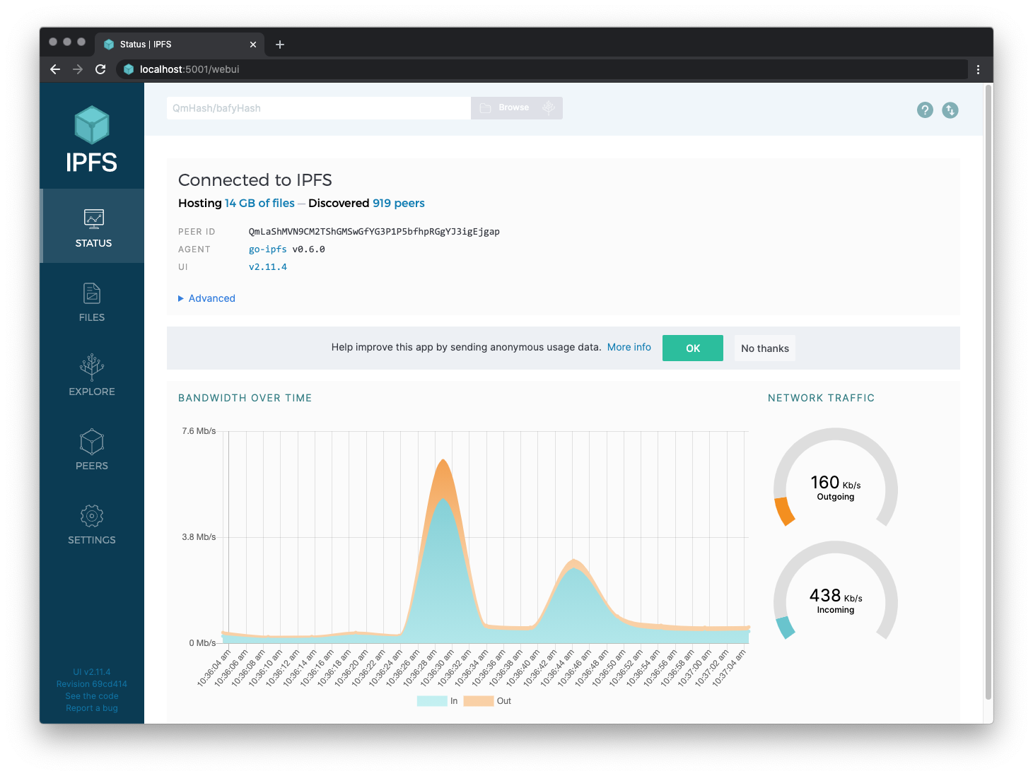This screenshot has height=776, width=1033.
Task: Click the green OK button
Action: pyautogui.click(x=692, y=348)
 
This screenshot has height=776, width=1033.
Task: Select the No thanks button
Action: pyautogui.click(x=764, y=348)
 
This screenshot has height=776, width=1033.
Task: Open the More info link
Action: pyautogui.click(x=629, y=347)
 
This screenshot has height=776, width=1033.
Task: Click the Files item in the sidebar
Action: pyautogui.click(x=92, y=302)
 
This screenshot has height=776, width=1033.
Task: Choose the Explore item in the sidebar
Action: pyautogui.click(x=92, y=375)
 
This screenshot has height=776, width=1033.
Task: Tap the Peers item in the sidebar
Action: pyautogui.click(x=92, y=449)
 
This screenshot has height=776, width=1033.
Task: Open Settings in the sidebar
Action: pyautogui.click(x=92, y=524)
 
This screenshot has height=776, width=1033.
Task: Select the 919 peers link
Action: pyautogui.click(x=398, y=203)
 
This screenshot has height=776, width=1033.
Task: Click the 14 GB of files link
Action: pyautogui.click(x=259, y=203)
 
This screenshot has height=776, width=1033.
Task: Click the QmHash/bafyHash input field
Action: pyautogui.click(x=318, y=108)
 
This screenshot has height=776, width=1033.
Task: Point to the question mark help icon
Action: pyautogui.click(x=925, y=110)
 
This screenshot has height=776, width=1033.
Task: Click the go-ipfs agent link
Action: pyautogui.click(x=267, y=249)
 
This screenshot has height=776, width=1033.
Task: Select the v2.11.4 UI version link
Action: pyautogui.click(x=268, y=267)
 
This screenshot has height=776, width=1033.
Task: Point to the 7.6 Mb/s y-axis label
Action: pyautogui.click(x=199, y=431)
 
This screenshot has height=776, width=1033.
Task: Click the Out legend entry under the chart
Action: pyautogui.click(x=488, y=701)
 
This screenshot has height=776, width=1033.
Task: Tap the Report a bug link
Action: pyautogui.click(x=92, y=708)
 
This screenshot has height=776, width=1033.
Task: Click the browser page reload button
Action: pyautogui.click(x=100, y=69)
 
